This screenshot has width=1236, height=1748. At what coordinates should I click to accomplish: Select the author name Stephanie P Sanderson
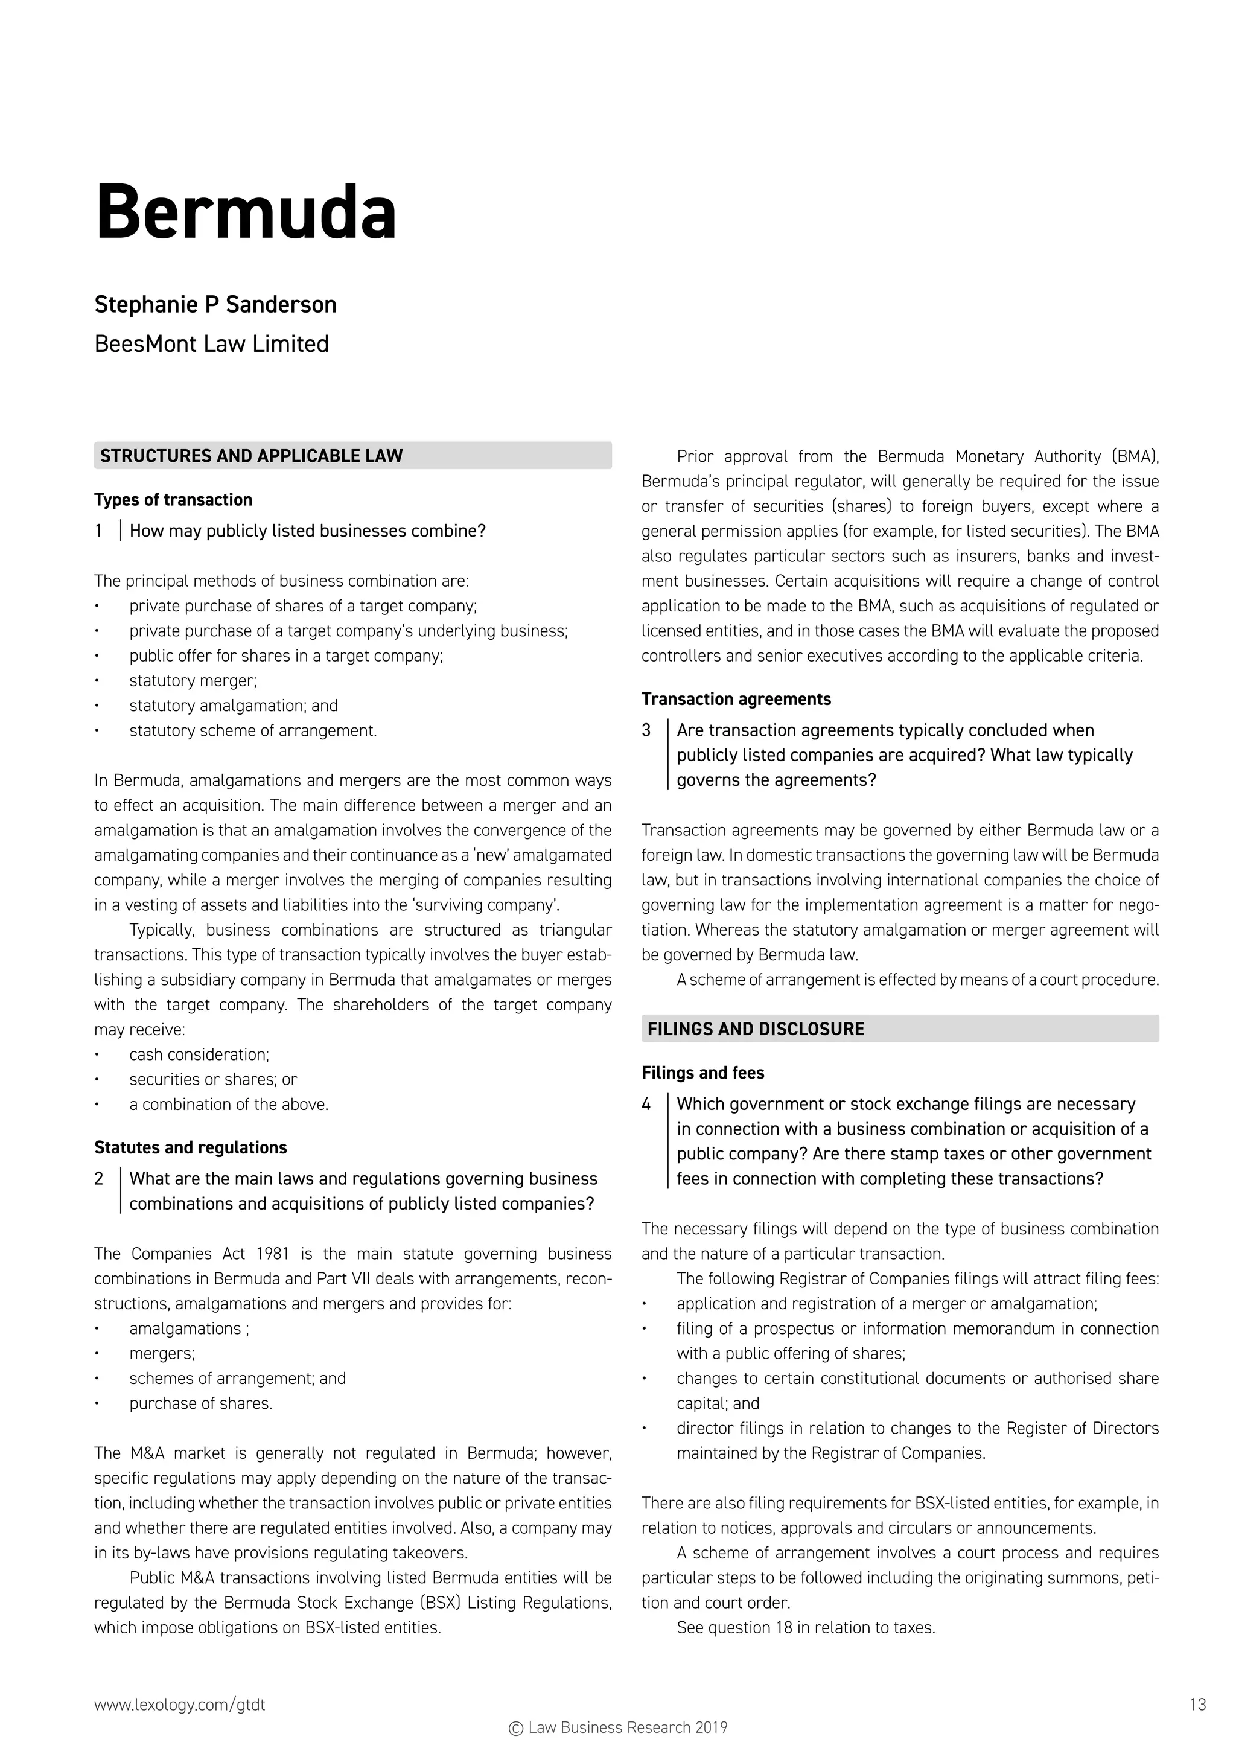(x=215, y=305)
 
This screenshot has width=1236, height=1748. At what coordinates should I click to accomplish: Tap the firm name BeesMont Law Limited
(x=212, y=344)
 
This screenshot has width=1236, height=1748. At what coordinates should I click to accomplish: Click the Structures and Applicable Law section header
(x=251, y=456)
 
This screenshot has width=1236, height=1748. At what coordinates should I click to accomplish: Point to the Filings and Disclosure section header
(x=755, y=1029)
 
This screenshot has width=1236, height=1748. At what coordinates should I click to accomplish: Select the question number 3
(x=646, y=730)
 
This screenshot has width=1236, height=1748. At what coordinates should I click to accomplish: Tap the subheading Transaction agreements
(x=735, y=699)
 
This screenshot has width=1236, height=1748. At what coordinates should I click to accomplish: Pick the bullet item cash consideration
(x=199, y=1054)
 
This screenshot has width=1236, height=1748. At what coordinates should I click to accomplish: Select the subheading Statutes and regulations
(x=190, y=1147)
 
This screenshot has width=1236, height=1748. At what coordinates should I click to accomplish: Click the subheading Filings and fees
(x=702, y=1073)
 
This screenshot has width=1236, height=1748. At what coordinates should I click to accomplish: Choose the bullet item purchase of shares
(x=200, y=1403)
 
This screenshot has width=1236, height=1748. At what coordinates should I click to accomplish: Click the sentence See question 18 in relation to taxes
(x=805, y=1628)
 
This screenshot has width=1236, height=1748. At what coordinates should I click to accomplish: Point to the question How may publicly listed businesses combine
(x=307, y=531)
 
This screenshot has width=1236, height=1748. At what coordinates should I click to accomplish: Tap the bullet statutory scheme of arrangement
(x=253, y=731)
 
